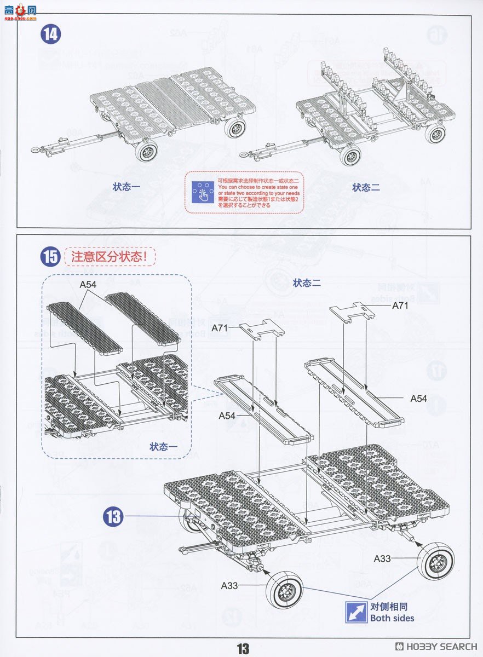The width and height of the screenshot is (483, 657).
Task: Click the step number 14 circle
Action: coord(51,34)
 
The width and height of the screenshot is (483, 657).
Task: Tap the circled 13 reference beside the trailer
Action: coord(113,516)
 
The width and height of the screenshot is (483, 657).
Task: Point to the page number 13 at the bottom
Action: coord(243,649)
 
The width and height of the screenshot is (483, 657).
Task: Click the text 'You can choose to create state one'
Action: coord(258,186)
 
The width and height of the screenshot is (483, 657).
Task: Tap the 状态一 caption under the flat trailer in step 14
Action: coord(127,187)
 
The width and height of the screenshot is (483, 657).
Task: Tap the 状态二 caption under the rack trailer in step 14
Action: coord(366,187)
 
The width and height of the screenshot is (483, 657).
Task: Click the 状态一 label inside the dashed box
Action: coord(164,447)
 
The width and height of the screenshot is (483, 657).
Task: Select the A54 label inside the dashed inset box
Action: coord(88,284)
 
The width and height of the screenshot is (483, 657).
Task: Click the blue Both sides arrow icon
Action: coord(356,612)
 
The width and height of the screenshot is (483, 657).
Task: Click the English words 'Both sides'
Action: coord(392,618)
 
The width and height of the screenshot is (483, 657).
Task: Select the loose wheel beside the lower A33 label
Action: coord(284,589)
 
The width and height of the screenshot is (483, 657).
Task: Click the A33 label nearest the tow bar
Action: coord(229,586)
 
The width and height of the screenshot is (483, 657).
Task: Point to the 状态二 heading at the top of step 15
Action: coord(306,283)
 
